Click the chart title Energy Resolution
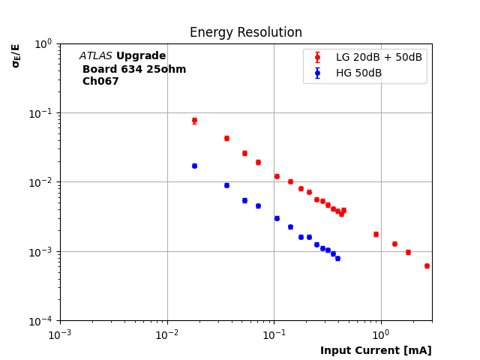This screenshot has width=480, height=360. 245,33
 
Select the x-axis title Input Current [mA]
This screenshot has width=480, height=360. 376,350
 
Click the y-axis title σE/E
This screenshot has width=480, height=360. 16,55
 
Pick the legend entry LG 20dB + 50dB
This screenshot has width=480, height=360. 379,58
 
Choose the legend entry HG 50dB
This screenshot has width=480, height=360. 358,73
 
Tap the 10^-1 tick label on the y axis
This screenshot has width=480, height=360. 43,113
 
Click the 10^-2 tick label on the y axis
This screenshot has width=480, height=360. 43,182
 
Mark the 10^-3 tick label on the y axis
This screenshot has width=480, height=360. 43,252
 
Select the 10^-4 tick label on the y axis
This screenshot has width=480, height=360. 43,321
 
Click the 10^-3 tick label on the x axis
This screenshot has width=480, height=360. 60,334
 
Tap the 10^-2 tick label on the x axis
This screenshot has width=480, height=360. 167,334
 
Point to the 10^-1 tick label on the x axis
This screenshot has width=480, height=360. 274,334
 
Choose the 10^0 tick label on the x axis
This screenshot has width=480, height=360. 381,334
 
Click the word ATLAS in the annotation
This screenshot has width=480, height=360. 95,56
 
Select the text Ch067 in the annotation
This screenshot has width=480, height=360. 100,82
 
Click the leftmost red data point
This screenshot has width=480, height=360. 194,120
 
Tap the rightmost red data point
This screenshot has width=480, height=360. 427,265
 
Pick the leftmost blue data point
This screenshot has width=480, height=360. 194,166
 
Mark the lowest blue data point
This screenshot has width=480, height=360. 337,258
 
